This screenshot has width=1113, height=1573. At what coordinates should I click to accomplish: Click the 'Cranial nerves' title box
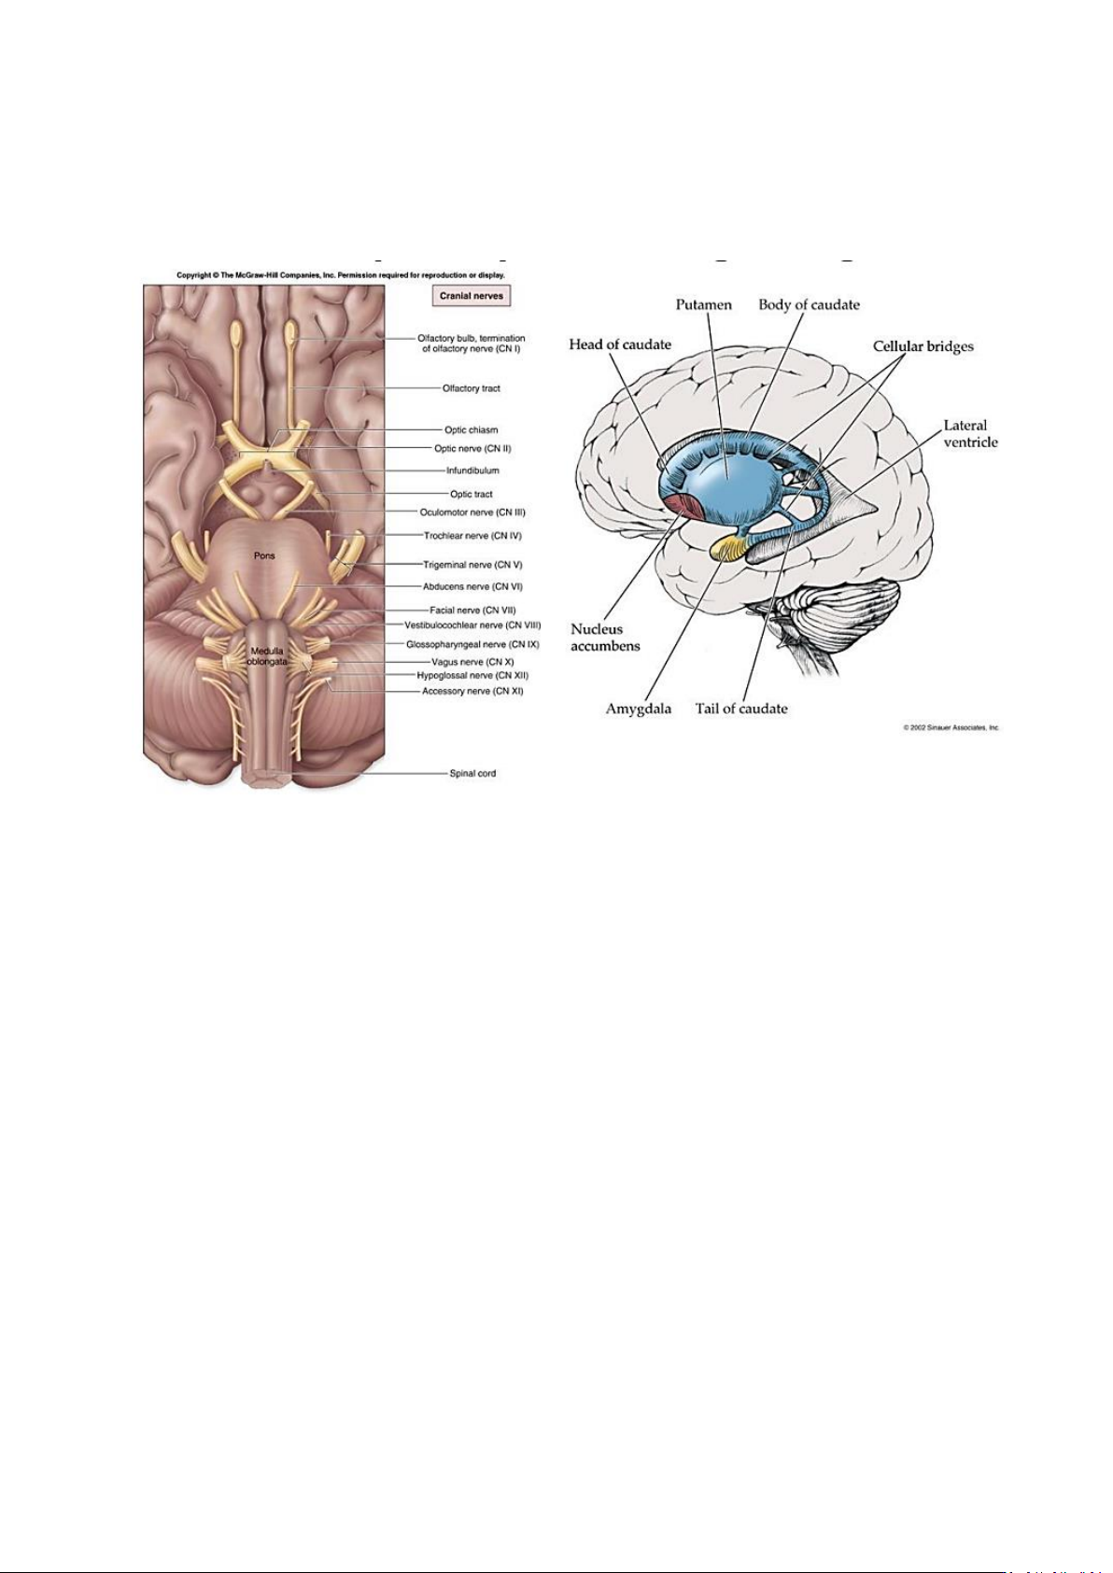tap(472, 296)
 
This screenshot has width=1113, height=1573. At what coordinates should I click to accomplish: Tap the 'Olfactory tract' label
tap(471, 388)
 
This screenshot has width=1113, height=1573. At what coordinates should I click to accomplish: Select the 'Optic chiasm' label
tap(471, 430)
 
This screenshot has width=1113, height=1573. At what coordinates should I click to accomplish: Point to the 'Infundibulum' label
tap(472, 470)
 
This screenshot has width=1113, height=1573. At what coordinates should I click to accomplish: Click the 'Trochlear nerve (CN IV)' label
tap(472, 537)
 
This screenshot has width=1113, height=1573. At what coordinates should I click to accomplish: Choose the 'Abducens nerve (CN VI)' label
tap(472, 587)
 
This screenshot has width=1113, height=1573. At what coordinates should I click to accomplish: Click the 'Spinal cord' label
tap(472, 773)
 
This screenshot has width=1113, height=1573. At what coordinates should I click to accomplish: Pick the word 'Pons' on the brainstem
tap(264, 555)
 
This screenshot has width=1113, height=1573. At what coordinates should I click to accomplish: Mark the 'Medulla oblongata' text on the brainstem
tap(266, 656)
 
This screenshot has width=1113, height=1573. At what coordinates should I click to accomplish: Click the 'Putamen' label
tap(704, 304)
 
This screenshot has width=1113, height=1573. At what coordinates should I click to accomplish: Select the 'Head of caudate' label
tap(620, 344)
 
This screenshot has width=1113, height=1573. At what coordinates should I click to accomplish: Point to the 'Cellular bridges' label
tap(923, 346)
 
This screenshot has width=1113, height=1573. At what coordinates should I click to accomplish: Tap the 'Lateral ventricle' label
tap(970, 433)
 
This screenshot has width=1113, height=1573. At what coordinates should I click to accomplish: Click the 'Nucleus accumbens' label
tap(605, 638)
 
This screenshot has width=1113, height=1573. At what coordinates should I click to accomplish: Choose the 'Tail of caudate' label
tap(741, 709)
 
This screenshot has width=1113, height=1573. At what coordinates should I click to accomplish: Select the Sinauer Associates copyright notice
tap(951, 727)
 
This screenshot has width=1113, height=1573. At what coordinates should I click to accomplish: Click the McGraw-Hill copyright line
tap(341, 275)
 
